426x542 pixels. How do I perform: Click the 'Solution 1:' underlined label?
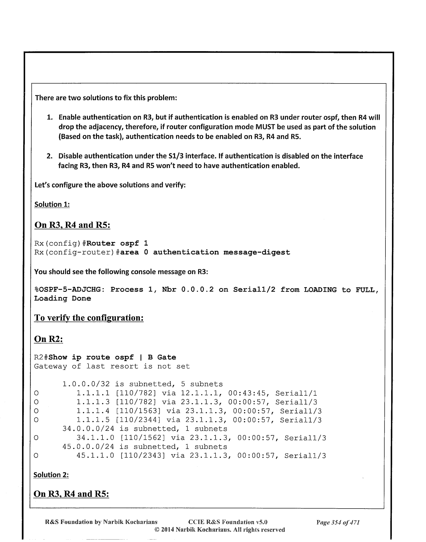[52, 204]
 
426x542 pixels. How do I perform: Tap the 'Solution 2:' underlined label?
[51, 475]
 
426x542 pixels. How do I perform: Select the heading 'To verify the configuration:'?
[89, 318]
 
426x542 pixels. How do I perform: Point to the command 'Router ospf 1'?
[117, 244]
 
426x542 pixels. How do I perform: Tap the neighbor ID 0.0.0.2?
[197, 290]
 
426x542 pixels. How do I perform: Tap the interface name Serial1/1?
[296, 393]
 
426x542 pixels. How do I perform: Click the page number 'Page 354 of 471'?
[338, 523]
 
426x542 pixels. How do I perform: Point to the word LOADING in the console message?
[320, 290]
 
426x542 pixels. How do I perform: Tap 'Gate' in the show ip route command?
[166, 357]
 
